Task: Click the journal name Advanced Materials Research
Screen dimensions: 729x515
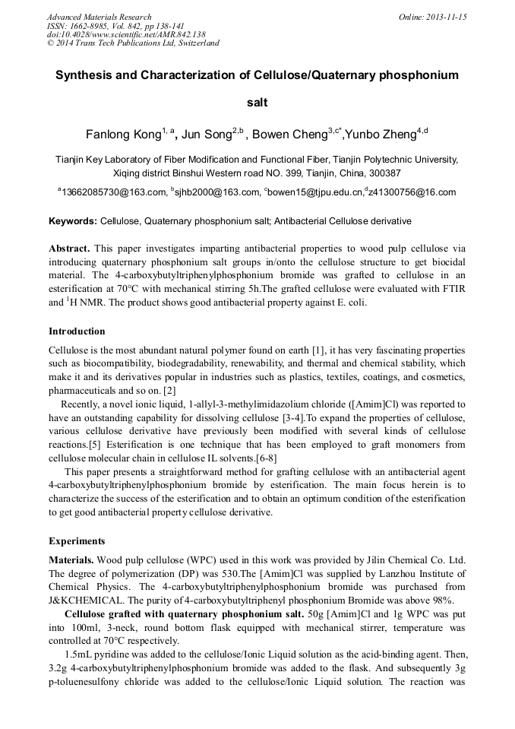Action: pos(99,17)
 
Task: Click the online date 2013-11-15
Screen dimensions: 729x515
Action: pos(446,17)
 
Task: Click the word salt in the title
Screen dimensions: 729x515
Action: pos(257,102)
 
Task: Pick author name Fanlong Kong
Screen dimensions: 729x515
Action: pos(123,135)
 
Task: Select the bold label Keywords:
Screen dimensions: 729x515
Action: pos(73,221)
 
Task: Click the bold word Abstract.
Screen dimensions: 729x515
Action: pos(69,249)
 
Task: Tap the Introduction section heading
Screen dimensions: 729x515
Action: pos(77,331)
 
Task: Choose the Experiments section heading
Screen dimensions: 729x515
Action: pos(77,541)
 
